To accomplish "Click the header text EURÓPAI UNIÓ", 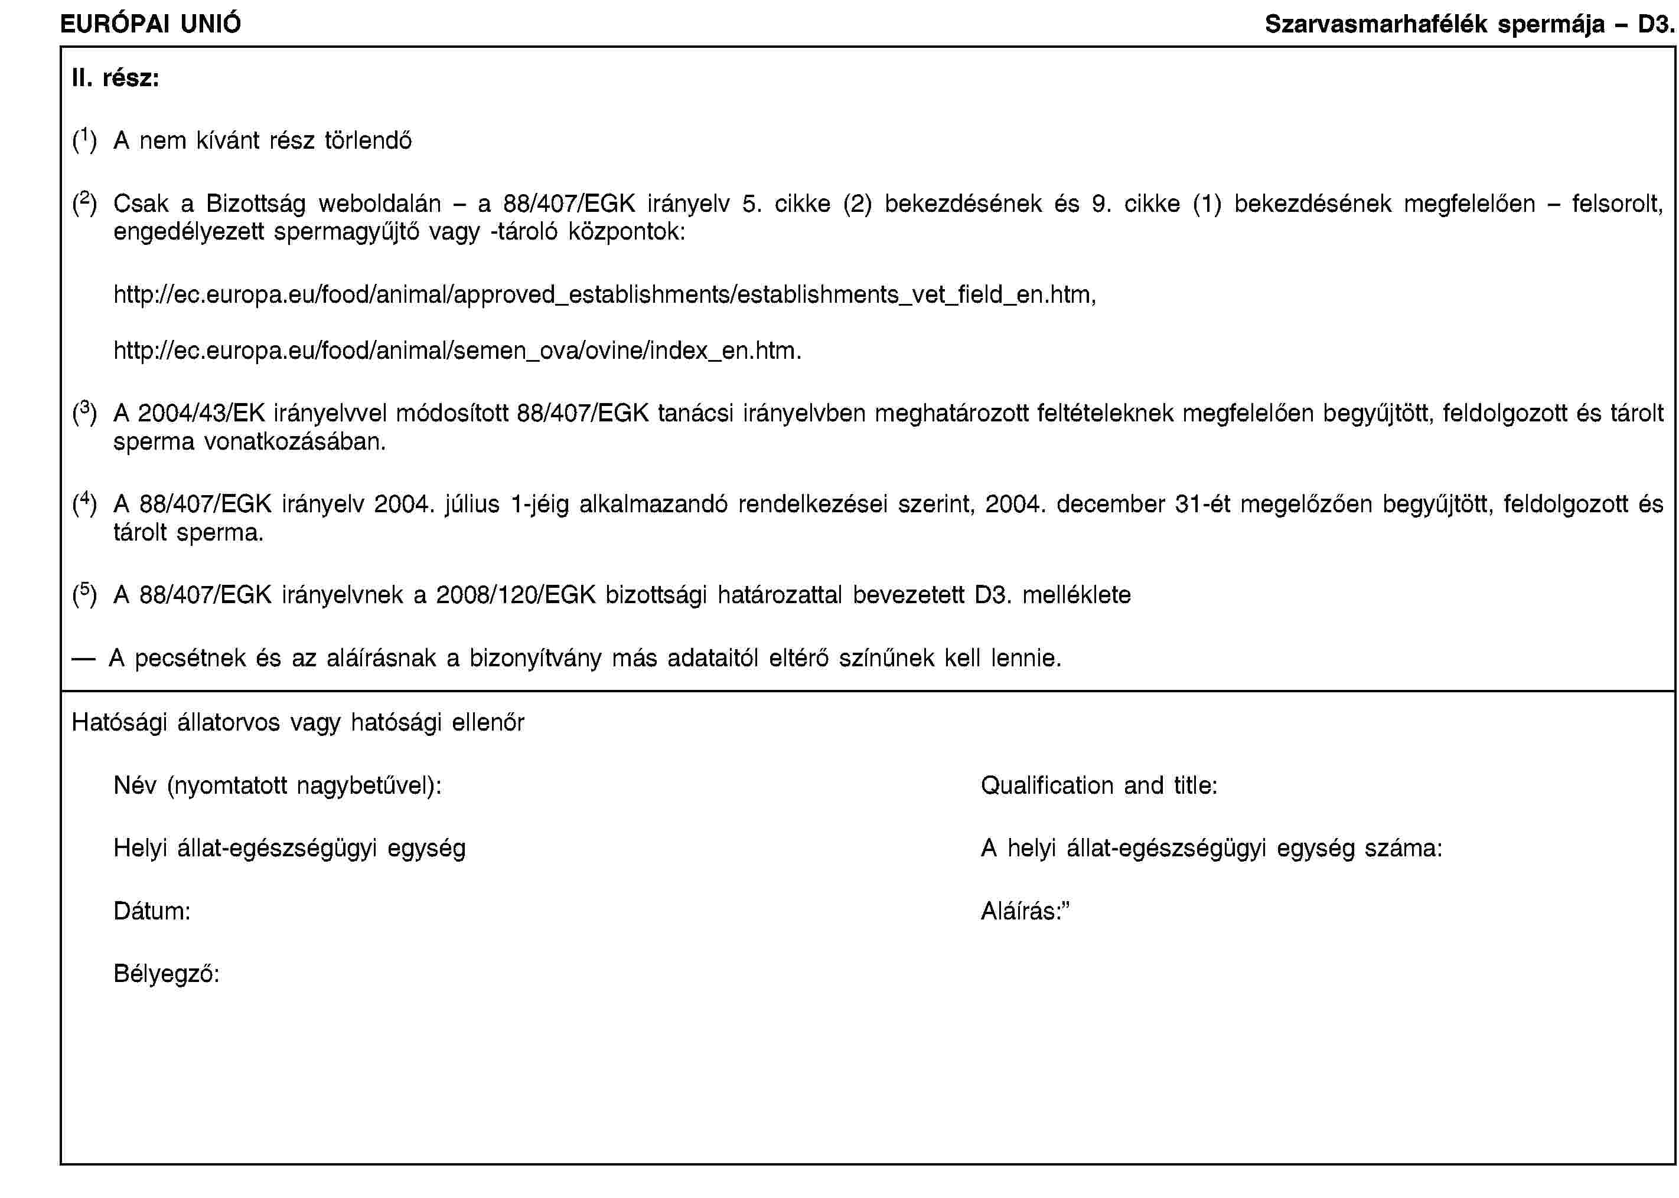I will tap(150, 24).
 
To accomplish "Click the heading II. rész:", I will tap(115, 78).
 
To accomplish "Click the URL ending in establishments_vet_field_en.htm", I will tap(604, 294).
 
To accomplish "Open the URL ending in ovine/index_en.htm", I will tap(457, 351).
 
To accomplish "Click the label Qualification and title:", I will tap(1099, 785).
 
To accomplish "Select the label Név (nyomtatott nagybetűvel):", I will tap(278, 785).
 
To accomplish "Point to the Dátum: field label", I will tap(152, 911).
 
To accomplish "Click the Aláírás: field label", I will tap(1025, 911).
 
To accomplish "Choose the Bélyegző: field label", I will tap(166, 974).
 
